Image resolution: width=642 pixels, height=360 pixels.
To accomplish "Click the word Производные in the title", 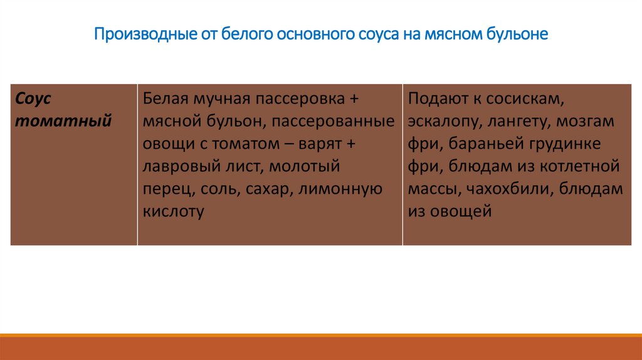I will point(137,33).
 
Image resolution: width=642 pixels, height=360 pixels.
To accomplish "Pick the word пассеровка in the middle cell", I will point(295,99).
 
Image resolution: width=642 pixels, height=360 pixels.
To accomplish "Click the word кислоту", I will point(174,211).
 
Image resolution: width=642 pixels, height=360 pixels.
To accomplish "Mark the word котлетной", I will point(582,166).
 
